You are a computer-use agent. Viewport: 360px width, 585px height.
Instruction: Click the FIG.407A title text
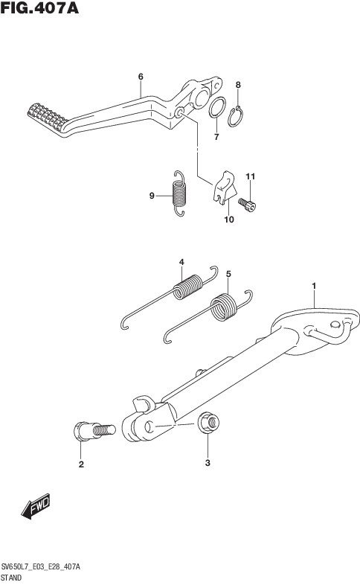click(x=39, y=8)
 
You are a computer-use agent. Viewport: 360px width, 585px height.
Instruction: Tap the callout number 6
click(x=141, y=77)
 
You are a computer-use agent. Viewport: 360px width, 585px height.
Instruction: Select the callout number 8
click(x=238, y=85)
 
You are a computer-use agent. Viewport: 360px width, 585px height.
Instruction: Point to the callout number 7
click(x=216, y=137)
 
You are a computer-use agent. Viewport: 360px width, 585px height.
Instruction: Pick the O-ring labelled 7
click(x=217, y=107)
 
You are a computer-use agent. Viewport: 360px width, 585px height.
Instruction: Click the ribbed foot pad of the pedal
click(x=48, y=116)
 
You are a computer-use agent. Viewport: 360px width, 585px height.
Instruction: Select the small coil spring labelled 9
click(x=179, y=193)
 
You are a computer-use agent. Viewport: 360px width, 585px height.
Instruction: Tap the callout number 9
click(x=152, y=196)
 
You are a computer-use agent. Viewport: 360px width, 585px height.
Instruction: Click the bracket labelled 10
click(x=225, y=188)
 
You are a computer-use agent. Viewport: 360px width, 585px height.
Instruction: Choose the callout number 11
click(x=250, y=176)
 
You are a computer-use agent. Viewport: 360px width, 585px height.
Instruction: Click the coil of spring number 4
click(x=188, y=287)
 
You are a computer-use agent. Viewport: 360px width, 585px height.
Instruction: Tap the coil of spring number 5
click(x=224, y=307)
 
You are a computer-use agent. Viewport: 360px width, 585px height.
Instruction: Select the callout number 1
click(x=314, y=286)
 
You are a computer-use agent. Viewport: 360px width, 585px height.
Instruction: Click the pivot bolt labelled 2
click(x=94, y=431)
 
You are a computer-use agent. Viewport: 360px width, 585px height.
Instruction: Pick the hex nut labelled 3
click(x=208, y=422)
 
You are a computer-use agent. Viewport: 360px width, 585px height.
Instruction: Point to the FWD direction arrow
click(x=36, y=506)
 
